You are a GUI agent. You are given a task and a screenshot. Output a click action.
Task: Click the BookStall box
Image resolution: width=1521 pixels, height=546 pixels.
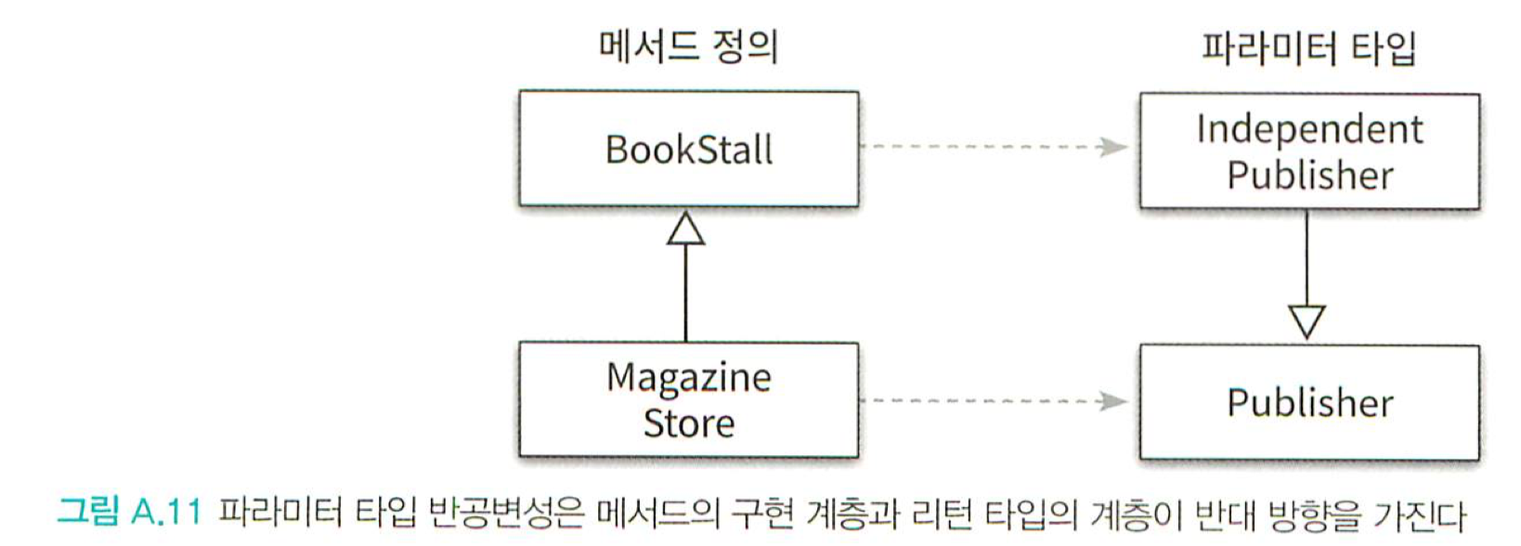click(x=688, y=149)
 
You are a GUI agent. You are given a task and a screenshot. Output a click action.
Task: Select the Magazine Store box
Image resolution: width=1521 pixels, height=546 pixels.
click(x=688, y=400)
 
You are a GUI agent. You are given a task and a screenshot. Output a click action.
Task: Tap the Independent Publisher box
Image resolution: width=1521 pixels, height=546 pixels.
click(x=1309, y=151)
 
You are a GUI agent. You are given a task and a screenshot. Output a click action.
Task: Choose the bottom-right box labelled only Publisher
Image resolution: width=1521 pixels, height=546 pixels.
click(x=1309, y=403)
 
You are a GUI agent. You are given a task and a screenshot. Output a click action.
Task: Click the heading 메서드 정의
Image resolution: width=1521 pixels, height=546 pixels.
click(x=688, y=45)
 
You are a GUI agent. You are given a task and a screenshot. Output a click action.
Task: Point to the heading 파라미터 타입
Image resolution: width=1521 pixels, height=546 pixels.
click(x=1308, y=47)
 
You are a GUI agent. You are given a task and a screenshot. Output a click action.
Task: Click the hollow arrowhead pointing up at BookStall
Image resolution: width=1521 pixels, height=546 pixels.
click(x=686, y=228)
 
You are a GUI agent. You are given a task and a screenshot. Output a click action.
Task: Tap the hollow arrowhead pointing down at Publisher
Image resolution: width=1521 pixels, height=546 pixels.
click(x=1306, y=321)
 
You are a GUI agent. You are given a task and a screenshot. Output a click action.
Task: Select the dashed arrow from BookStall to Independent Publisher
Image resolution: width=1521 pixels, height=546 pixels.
click(x=994, y=147)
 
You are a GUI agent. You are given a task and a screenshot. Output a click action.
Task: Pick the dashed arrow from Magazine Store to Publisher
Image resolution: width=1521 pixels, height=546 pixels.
click(x=994, y=401)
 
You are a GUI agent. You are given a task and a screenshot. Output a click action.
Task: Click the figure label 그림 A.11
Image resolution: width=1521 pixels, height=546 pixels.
click(x=129, y=513)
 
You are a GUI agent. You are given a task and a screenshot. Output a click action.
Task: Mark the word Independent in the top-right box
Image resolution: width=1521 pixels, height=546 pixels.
click(x=1309, y=129)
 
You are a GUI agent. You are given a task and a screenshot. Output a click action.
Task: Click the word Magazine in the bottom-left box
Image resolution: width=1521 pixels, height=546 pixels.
click(x=688, y=378)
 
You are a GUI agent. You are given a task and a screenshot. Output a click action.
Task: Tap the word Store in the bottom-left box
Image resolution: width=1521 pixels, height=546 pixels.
click(x=688, y=423)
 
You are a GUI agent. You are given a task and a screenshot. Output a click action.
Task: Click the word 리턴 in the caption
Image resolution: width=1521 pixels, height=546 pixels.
click(x=942, y=513)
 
